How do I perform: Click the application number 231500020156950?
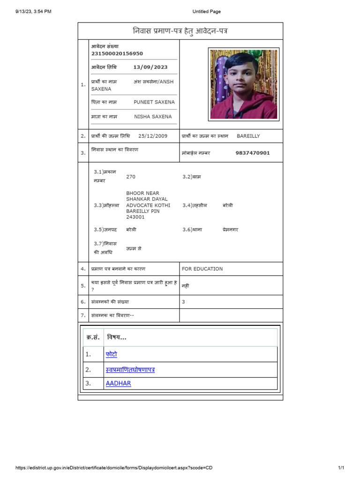(117, 54)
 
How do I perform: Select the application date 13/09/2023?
(150, 67)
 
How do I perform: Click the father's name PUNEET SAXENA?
(154, 102)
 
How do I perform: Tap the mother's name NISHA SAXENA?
(153, 117)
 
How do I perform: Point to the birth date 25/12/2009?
(152, 136)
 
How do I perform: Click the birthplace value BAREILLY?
(248, 136)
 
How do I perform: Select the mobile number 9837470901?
(252, 153)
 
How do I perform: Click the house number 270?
(131, 177)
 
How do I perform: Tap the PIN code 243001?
(135, 217)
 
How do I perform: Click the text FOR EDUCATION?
(202, 269)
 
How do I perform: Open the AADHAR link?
(118, 383)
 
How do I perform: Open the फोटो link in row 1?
(111, 354)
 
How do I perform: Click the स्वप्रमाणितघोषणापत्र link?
(130, 370)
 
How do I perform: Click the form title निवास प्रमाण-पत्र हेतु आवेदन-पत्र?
(180, 31)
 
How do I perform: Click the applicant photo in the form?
(243, 84)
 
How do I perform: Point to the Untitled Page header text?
(206, 12)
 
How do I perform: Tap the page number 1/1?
(341, 468)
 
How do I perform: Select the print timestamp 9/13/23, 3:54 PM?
(33, 12)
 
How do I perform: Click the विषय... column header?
(116, 337)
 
